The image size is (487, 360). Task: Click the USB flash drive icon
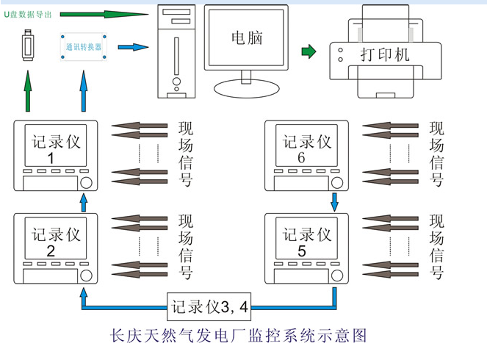coord(28,46)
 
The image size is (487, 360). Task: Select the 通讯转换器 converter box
coord(83,47)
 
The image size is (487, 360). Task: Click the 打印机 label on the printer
coord(385,55)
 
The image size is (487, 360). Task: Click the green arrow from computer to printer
coord(309,51)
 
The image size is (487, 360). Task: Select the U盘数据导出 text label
coord(27,15)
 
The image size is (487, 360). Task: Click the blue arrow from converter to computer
coord(132,48)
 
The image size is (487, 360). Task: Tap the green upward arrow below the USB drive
coord(27,92)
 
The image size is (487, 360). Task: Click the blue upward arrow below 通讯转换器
coord(83,92)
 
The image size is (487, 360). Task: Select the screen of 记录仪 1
coord(55,148)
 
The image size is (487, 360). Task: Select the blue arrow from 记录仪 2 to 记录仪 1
coord(83,202)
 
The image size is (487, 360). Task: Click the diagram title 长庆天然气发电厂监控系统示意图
coord(237,336)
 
